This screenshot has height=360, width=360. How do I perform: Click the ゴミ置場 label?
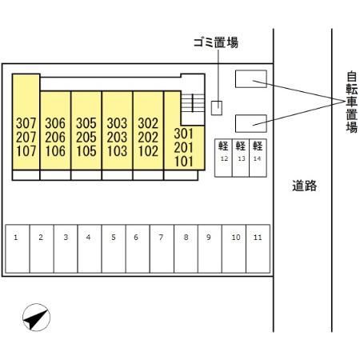pyautogui.click(x=216, y=42)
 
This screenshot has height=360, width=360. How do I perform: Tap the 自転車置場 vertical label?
pyautogui.click(x=352, y=102)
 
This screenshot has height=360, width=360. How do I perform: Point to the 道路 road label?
pyautogui.click(x=304, y=186)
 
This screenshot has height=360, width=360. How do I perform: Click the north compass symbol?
pyautogui.click(x=37, y=317)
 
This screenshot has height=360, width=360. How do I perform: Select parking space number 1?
pyautogui.click(x=18, y=249)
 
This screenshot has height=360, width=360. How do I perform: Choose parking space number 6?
pyautogui.click(x=138, y=249)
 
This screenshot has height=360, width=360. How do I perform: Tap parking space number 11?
pyautogui.click(x=258, y=249)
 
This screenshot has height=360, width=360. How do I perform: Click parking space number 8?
pyautogui.click(x=186, y=249)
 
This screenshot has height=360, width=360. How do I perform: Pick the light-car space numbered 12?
pyautogui.click(x=223, y=158)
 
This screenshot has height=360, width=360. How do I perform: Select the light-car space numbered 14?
pyautogui.click(x=258, y=158)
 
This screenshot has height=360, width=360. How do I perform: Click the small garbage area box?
pyautogui.click(x=217, y=108)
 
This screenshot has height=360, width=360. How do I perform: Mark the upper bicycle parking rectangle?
pyautogui.click(x=251, y=78)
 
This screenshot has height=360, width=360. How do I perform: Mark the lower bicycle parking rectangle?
pyautogui.click(x=251, y=123)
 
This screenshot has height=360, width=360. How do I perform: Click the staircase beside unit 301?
pyautogui.click(x=193, y=102)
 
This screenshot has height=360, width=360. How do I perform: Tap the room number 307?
pyautogui.click(x=26, y=123)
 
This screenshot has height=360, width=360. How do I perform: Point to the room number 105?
pyautogui.click(x=86, y=151)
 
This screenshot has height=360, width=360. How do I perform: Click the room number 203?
pyautogui.click(x=117, y=138)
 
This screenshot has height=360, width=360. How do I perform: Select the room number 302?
pyautogui.click(x=148, y=123)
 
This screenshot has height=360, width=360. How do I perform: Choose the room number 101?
pyautogui.click(x=184, y=162)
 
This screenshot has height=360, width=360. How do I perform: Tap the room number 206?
pyautogui.click(x=55, y=138)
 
